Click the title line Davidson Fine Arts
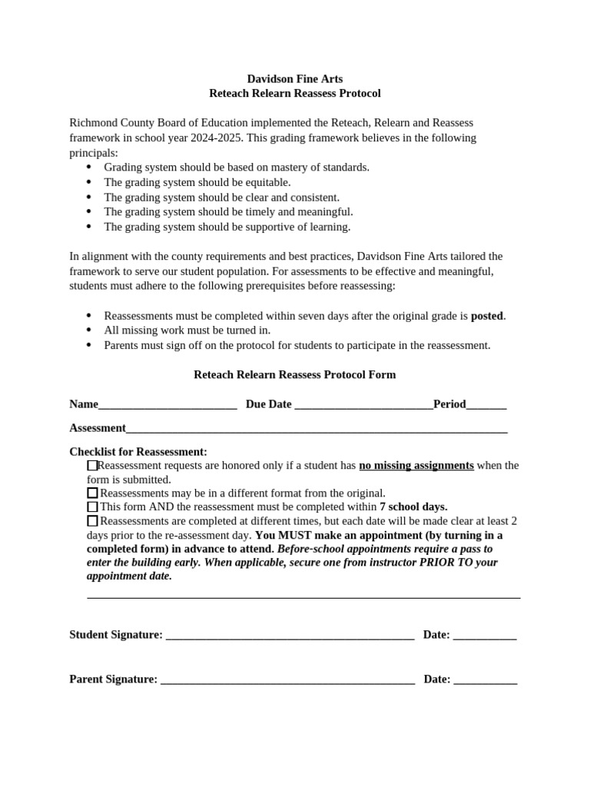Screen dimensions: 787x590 click(x=294, y=78)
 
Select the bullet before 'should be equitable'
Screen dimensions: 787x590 click(x=88, y=182)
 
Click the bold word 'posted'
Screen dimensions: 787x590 click(x=487, y=315)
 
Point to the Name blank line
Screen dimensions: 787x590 click(x=167, y=405)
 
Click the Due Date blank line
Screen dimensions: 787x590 click(x=363, y=405)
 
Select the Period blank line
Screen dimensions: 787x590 click(x=486, y=405)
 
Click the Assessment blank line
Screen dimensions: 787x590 click(x=317, y=429)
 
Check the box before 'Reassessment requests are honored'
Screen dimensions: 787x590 click(x=92, y=465)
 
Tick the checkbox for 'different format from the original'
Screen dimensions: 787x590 click(x=92, y=493)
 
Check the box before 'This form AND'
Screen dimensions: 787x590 click(x=92, y=506)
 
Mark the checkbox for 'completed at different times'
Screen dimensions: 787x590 click(x=92, y=520)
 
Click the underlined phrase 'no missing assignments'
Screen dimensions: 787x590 click(x=416, y=465)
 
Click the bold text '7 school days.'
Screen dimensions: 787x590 click(x=413, y=506)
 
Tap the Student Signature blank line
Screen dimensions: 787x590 click(x=290, y=636)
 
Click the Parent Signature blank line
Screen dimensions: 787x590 click(x=287, y=680)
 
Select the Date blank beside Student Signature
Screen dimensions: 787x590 click(x=485, y=636)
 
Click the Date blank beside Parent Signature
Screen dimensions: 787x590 click(x=485, y=680)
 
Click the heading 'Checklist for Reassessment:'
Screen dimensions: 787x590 click(x=138, y=451)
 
